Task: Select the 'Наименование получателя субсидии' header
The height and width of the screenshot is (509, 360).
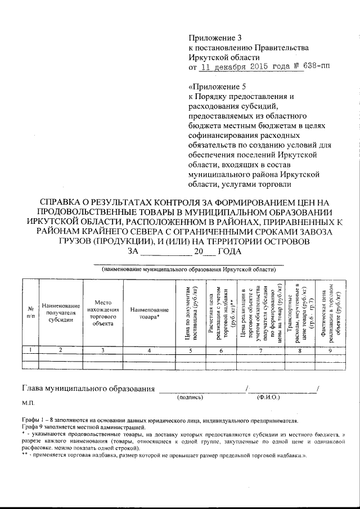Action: point(61,313)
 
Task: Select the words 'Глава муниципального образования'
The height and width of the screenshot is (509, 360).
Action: point(88,388)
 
